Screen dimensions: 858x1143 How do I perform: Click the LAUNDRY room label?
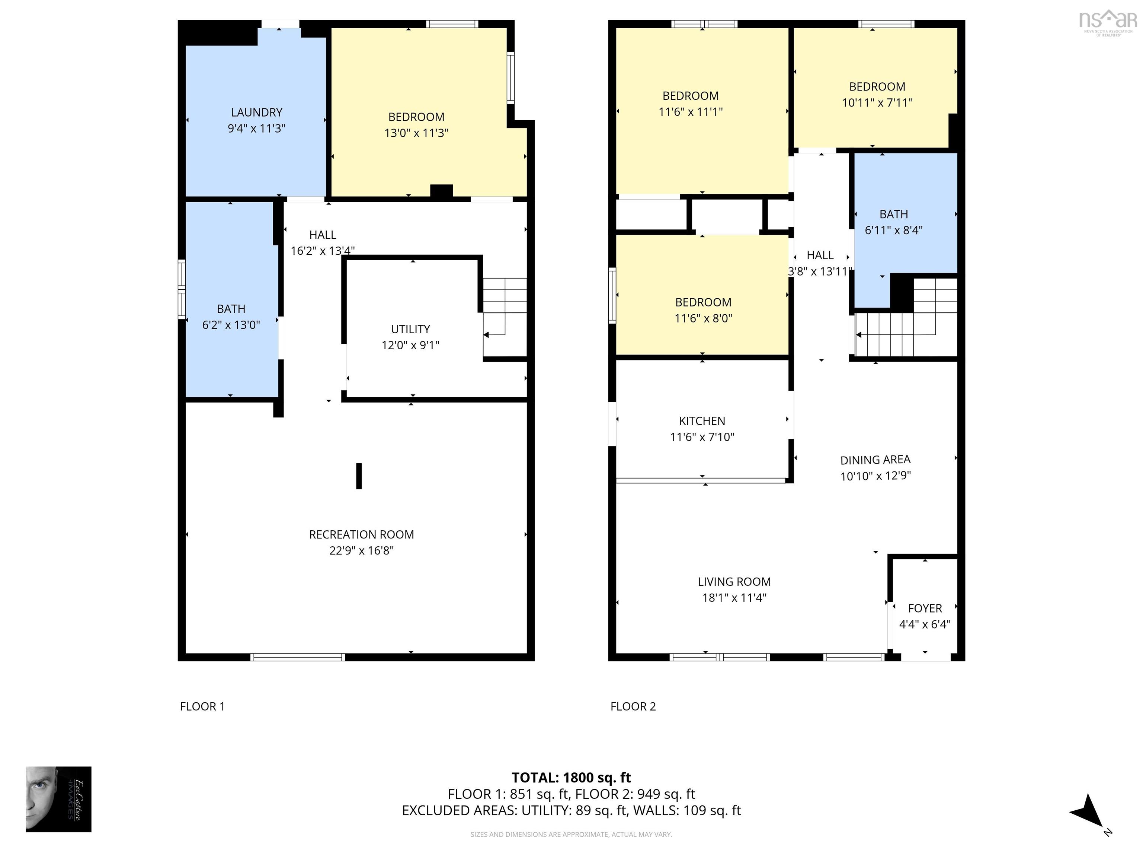click(x=256, y=112)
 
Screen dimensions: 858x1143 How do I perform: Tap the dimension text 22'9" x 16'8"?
click(x=361, y=550)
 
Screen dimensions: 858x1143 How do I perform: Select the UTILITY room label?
click(x=410, y=329)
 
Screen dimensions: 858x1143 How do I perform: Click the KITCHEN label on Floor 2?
click(x=702, y=421)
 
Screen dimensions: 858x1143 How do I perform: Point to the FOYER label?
click(x=925, y=608)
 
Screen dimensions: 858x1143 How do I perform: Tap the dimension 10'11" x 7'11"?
click(x=877, y=102)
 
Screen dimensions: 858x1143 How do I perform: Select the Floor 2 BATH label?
click(x=893, y=214)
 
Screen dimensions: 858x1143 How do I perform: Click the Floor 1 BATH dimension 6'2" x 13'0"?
click(x=231, y=325)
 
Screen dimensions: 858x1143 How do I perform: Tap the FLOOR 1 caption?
click(x=202, y=706)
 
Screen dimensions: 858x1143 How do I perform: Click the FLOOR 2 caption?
click(x=633, y=706)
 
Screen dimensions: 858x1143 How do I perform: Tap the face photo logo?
click(x=58, y=799)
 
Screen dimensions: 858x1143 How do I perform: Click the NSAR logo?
click(x=1107, y=21)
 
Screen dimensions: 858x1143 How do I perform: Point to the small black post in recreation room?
click(x=359, y=476)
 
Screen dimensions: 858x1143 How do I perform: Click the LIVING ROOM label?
click(x=734, y=582)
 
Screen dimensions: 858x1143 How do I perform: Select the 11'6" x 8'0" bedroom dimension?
click(x=703, y=318)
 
